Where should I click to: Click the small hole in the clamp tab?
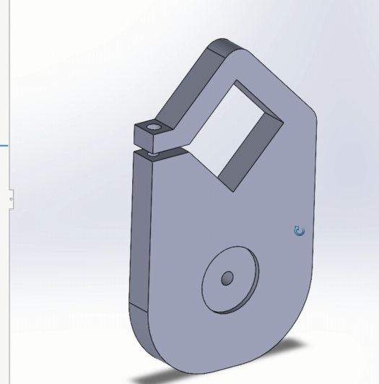pos(154,128)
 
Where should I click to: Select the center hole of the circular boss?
pos(227,278)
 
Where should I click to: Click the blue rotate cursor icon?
pos(300,231)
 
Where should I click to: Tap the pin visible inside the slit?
pos(152,153)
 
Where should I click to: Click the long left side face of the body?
pos(141,231)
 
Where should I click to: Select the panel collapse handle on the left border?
pos(11,197)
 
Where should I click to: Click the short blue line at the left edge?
pos(4,146)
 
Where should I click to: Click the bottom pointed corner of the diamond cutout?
pos(232,190)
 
